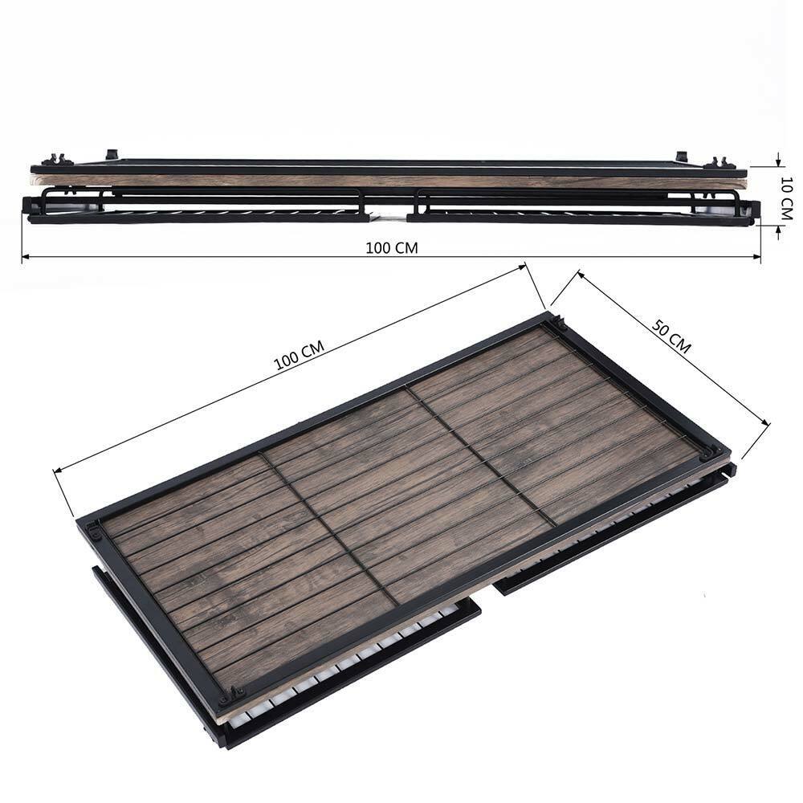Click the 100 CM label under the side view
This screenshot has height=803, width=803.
click(392, 248)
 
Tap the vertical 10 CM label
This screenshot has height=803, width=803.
click(787, 198)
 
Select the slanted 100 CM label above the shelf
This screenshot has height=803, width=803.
click(300, 355)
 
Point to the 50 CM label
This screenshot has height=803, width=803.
click(671, 336)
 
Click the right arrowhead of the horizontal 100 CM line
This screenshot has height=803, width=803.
click(756, 256)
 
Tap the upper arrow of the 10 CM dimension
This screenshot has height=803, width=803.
click(778, 161)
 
